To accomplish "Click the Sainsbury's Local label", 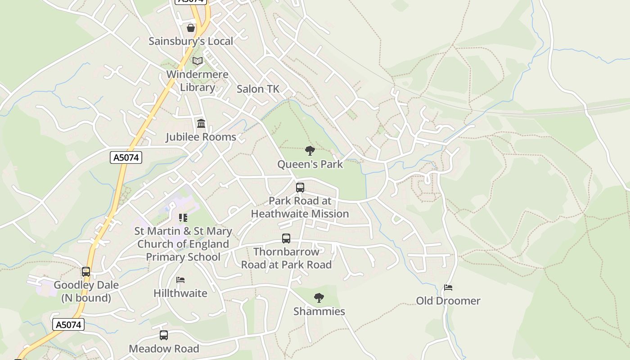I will click(191, 41).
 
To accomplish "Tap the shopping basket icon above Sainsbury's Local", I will click(191, 28).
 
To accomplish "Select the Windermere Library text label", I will click(198, 81).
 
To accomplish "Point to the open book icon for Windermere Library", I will click(198, 61).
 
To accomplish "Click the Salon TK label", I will click(258, 89).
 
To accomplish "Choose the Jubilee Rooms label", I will click(201, 137).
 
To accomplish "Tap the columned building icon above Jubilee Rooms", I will click(201, 123).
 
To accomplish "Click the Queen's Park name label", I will click(310, 164).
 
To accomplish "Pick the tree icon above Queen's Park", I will click(310, 151).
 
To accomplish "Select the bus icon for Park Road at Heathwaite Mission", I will click(300, 188).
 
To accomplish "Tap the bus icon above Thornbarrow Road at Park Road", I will click(286, 238).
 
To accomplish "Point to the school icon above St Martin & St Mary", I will click(183, 218).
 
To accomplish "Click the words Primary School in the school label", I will click(183, 257).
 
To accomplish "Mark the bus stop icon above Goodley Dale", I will click(86, 272).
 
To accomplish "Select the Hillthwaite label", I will click(180, 293).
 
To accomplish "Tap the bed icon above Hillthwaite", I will click(180, 280).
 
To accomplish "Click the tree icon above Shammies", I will click(319, 298).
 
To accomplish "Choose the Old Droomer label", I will click(448, 301).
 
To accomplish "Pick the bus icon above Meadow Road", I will click(164, 335).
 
